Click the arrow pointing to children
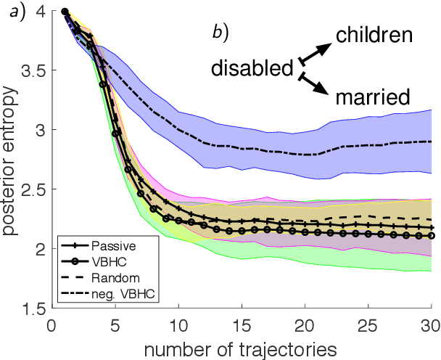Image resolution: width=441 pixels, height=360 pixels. tap(312, 52)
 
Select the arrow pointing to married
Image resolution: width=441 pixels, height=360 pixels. tap(312, 82)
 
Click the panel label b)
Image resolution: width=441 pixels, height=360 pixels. tap(219, 33)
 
